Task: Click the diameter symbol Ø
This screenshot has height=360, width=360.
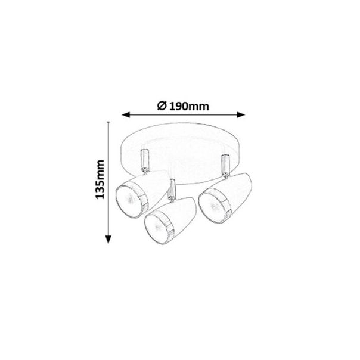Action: (162, 106)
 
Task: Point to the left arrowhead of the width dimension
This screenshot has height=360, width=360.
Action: (125, 114)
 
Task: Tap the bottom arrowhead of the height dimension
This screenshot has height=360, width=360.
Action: (108, 241)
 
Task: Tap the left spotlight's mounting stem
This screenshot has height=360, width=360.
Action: (143, 160)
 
